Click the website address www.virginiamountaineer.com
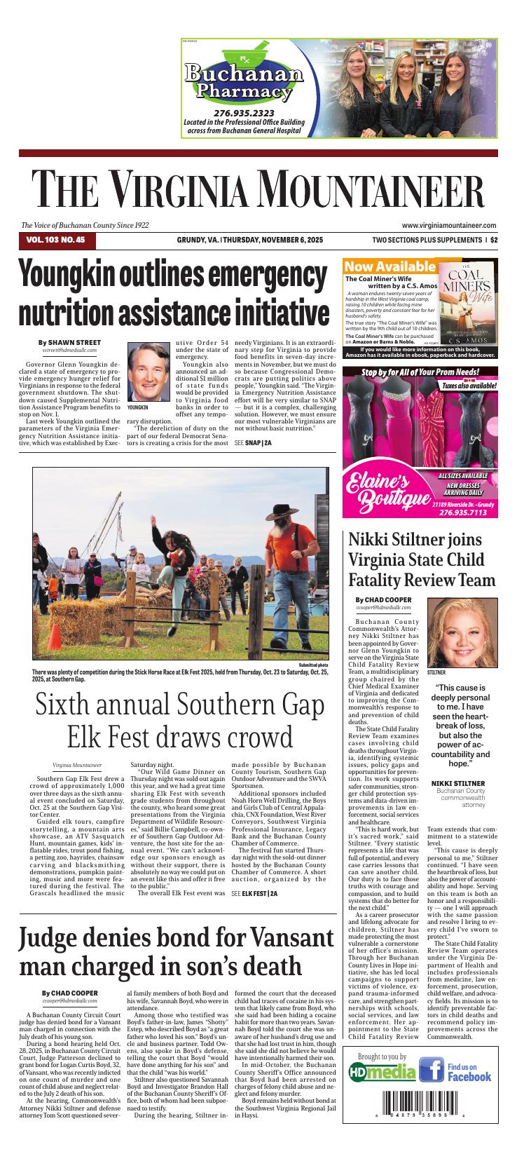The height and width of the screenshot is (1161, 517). tap(449, 225)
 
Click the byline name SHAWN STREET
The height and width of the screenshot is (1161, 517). tap(72, 341)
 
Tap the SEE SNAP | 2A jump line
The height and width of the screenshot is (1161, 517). tap(252, 443)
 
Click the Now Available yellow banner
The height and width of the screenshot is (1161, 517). tap(390, 266)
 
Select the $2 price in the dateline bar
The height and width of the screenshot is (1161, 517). tap(494, 240)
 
